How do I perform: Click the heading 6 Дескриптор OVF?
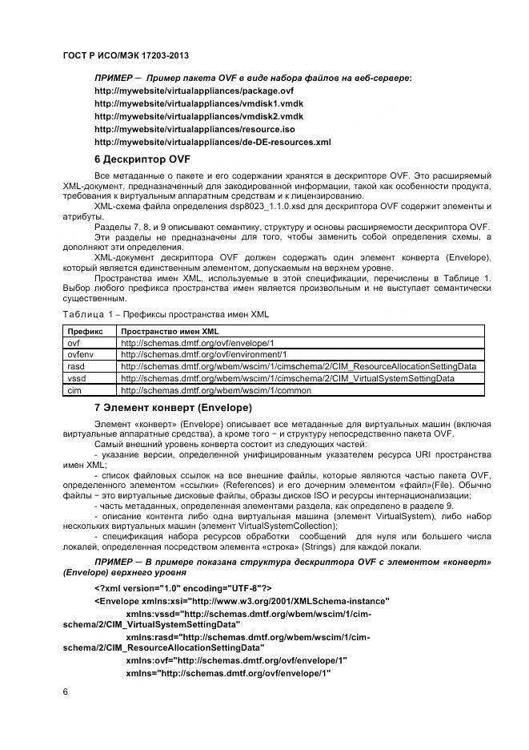pos(142,159)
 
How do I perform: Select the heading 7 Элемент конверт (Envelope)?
pos(173,408)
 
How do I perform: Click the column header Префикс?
pos(84,330)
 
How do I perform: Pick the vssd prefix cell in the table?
pos(77,378)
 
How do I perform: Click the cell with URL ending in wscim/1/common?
pos(215,390)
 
